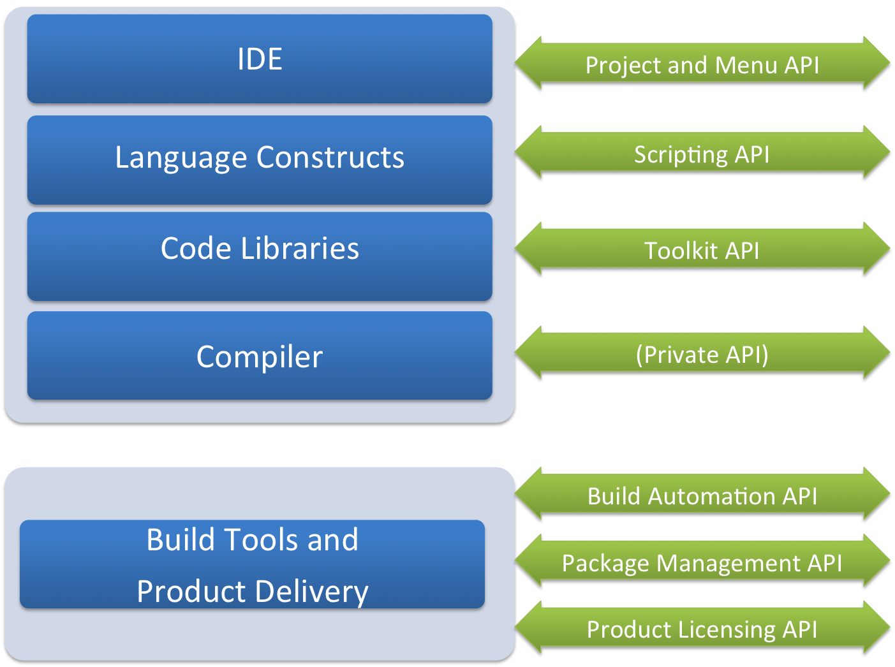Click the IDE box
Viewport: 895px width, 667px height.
[260, 59]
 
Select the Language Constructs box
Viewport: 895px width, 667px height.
[260, 159]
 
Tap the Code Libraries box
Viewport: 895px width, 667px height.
[260, 255]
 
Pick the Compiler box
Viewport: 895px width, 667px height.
[260, 356]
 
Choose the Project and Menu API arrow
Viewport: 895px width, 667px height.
[702, 65]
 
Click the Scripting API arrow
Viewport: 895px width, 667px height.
[702, 154]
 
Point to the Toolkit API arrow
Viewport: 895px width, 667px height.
[702, 251]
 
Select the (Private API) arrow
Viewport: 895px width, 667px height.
[702, 355]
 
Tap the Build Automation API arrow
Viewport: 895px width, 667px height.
[702, 496]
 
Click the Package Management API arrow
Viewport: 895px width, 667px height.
[702, 563]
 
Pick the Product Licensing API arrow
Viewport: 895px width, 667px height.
[702, 629]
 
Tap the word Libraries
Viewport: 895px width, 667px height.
[300, 249]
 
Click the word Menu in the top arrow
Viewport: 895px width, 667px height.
[746, 65]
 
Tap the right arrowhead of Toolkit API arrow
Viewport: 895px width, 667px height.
[877, 251]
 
